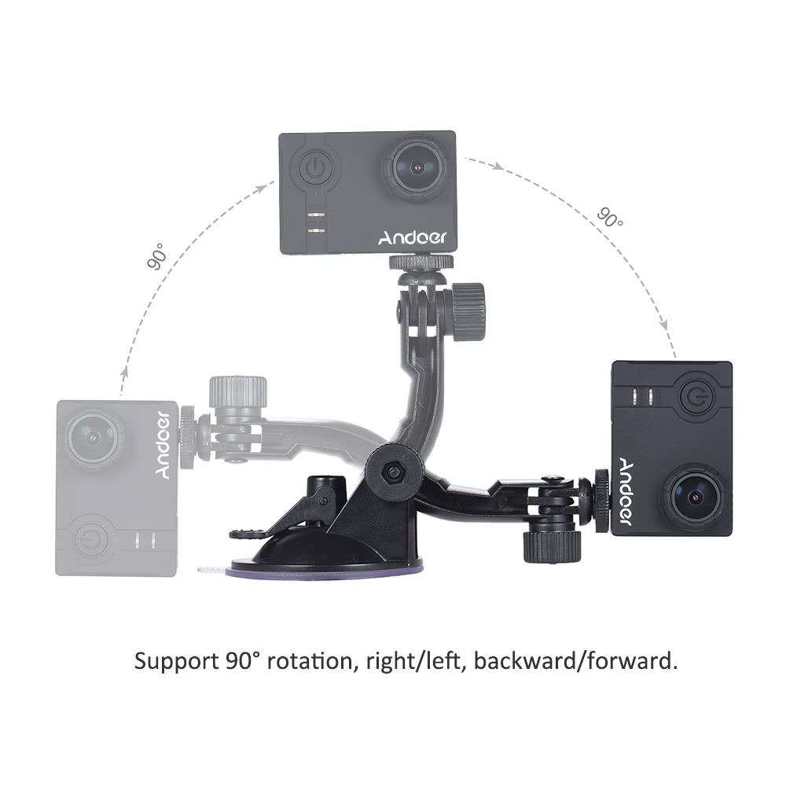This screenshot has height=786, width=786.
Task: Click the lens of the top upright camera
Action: click(x=417, y=167)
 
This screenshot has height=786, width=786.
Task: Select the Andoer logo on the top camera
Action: click(x=411, y=237)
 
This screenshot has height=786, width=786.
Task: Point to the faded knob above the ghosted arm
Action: click(x=237, y=391)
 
